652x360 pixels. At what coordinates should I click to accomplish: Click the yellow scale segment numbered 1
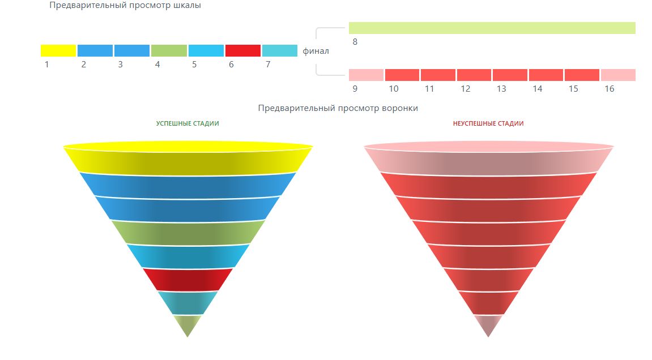pyautogui.click(x=58, y=50)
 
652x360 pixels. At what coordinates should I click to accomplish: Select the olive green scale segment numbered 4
pyautogui.click(x=169, y=50)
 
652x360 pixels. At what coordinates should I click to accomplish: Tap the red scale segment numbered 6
pyautogui.click(x=242, y=50)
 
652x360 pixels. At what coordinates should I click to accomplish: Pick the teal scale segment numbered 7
pyautogui.click(x=279, y=50)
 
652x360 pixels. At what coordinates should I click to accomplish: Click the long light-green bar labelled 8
pyautogui.click(x=492, y=28)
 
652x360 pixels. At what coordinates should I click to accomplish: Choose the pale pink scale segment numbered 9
pyautogui.click(x=366, y=75)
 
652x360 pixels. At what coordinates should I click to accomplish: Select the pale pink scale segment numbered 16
pyautogui.click(x=618, y=75)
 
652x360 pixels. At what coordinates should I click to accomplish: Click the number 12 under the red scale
pyautogui.click(x=466, y=89)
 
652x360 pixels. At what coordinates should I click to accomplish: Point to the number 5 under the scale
pyautogui.click(x=194, y=65)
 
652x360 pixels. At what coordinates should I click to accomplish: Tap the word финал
pyautogui.click(x=316, y=51)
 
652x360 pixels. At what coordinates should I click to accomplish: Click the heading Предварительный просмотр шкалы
pyautogui.click(x=125, y=6)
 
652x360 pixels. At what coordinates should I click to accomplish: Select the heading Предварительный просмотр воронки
pyautogui.click(x=338, y=108)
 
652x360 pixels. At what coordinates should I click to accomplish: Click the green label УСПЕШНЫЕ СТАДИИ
pyautogui.click(x=187, y=123)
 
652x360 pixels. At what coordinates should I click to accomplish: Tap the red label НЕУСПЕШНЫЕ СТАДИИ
pyautogui.click(x=488, y=123)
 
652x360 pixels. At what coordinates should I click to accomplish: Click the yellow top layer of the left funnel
pyautogui.click(x=188, y=160)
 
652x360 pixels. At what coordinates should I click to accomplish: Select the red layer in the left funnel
pyautogui.click(x=187, y=278)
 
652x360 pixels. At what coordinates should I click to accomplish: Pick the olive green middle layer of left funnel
pyautogui.click(x=188, y=232)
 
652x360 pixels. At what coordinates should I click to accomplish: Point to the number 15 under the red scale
pyautogui.click(x=574, y=89)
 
